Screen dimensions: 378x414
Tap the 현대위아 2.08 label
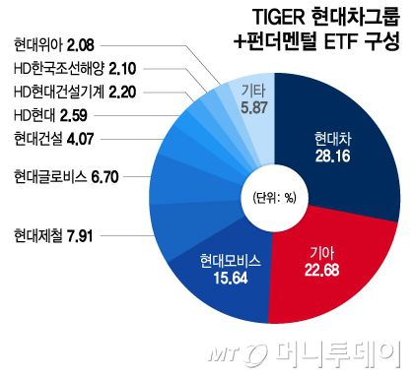coord(55,43)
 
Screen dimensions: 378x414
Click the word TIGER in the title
coord(241,18)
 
